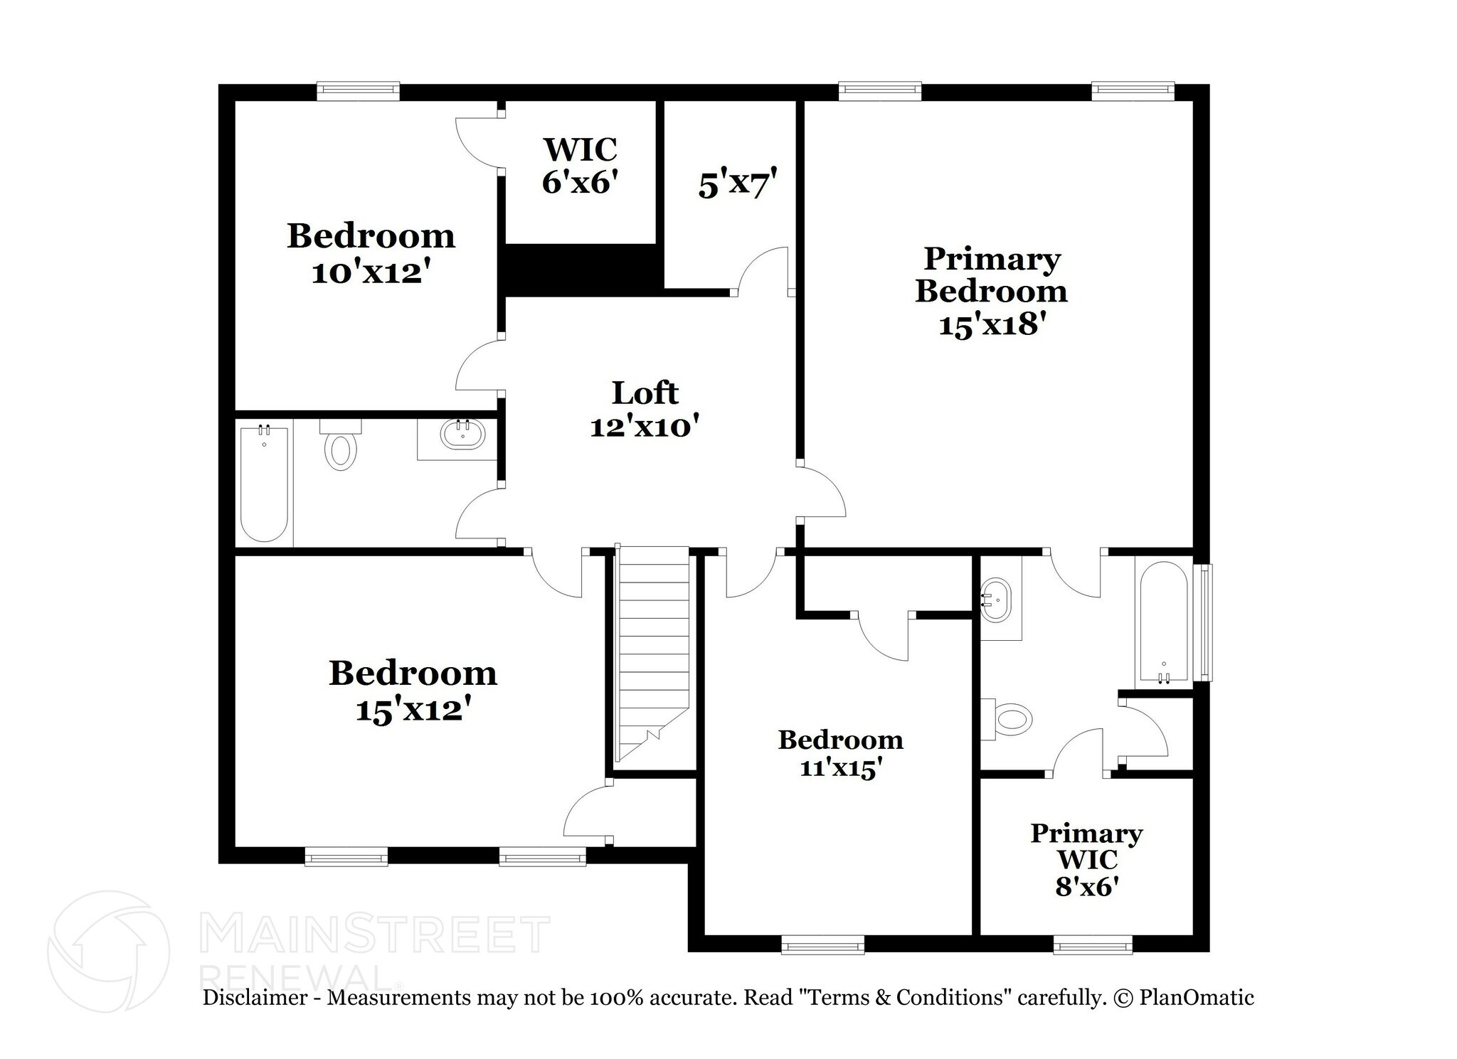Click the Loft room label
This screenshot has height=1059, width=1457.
[645, 393]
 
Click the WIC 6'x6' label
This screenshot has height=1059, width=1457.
[579, 166]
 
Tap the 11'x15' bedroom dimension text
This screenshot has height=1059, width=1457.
[841, 769]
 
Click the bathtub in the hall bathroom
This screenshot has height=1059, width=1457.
[264, 484]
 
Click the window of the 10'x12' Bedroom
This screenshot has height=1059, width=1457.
[358, 91]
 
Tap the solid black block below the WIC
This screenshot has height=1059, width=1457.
[580, 269]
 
